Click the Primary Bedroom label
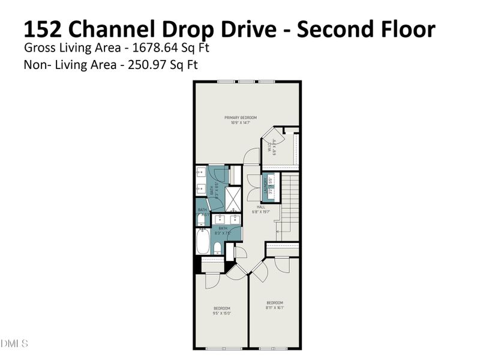click(241, 120)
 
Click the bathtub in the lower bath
click(202, 244)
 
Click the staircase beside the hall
click(290, 204)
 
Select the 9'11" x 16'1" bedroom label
click(274, 305)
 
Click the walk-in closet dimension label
click(271, 146)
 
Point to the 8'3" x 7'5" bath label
click(223, 230)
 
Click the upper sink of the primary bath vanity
click(200, 173)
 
